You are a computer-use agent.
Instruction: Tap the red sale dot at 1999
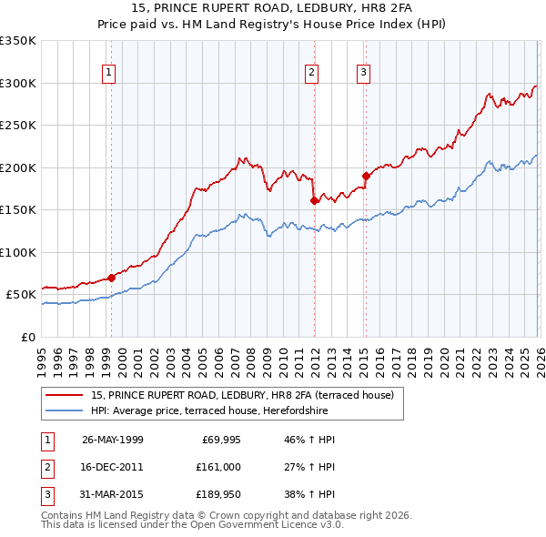111,278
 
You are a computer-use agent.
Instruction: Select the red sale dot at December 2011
313,200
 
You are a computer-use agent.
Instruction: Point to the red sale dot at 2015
365,176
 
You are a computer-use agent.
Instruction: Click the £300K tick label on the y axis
18,83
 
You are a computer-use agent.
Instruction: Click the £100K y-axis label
18,252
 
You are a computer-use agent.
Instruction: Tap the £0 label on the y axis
27,337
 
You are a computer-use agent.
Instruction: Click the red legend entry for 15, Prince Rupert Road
241,395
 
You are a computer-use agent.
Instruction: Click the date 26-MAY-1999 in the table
113,440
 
